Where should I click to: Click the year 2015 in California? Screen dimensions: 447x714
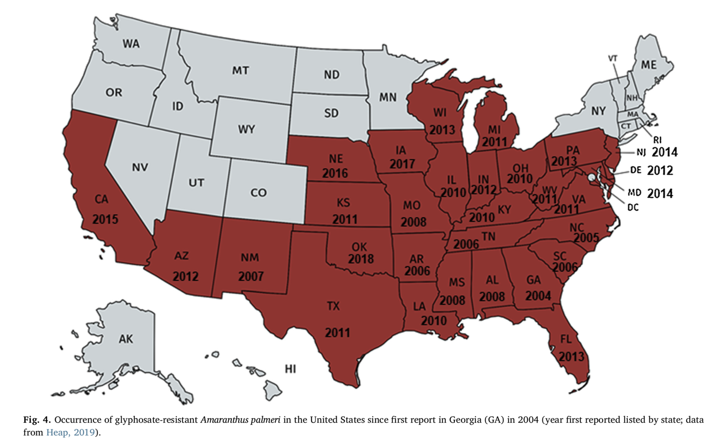(x=105, y=219)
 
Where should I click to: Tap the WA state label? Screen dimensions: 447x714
(x=131, y=44)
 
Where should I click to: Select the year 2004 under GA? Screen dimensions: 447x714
(x=538, y=296)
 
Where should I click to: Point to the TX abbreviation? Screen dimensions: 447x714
(x=333, y=306)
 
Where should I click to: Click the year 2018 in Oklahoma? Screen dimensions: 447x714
(x=361, y=259)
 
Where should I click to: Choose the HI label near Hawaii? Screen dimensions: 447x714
(x=290, y=369)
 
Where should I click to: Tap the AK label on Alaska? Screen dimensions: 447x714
(x=126, y=339)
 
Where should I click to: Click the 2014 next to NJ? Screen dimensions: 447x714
(x=664, y=152)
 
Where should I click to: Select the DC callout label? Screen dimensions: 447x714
(x=633, y=207)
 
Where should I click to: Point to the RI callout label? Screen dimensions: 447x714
(x=657, y=140)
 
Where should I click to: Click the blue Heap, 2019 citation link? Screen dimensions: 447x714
(x=70, y=433)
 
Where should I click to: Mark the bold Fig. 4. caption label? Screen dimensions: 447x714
(x=37, y=420)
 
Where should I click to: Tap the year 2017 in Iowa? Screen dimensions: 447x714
(x=402, y=164)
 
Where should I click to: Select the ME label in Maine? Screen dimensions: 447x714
(x=648, y=65)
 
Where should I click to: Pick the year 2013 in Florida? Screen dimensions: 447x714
(x=571, y=357)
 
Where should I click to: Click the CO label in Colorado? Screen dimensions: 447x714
(x=258, y=193)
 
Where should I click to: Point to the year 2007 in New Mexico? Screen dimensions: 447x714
(x=251, y=277)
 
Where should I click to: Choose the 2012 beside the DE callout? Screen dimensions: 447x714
(x=660, y=171)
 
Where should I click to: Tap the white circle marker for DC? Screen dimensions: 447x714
(x=592, y=177)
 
